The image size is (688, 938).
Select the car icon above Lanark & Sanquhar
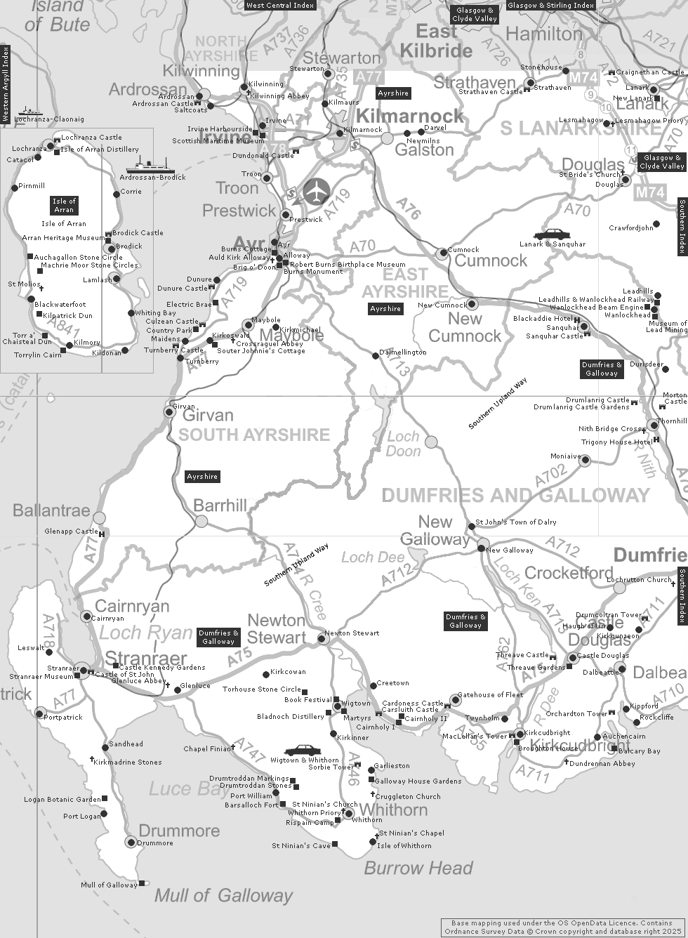click(x=552, y=234)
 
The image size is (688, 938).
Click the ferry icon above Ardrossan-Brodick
click(x=150, y=166)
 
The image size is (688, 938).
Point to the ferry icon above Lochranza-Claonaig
click(x=31, y=111)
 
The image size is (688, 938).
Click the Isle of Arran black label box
click(x=64, y=205)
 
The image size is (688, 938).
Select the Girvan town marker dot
click(x=168, y=411)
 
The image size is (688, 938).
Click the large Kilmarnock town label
click(x=411, y=115)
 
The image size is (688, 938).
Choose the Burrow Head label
click(x=418, y=868)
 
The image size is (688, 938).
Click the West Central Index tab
click(x=280, y=5)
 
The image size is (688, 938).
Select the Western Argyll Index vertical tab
click(x=6, y=84)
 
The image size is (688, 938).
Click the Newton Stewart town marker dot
click(x=322, y=638)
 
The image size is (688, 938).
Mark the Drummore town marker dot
click(x=130, y=842)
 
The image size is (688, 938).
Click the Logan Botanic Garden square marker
click(x=105, y=798)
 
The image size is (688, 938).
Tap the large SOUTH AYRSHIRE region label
click(x=254, y=435)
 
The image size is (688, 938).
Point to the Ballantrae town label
click(x=52, y=510)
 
